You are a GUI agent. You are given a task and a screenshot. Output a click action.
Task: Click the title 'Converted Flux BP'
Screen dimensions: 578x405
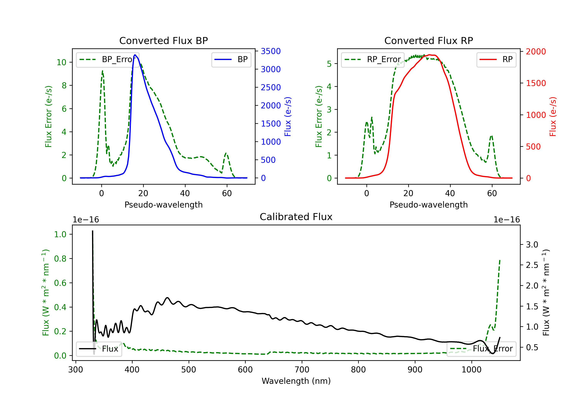164,40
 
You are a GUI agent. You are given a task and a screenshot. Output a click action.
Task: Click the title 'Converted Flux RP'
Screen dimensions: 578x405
429,40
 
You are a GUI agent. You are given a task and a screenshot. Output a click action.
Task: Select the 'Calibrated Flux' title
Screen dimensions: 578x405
296,217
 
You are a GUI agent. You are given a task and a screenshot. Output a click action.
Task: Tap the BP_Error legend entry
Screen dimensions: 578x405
108,59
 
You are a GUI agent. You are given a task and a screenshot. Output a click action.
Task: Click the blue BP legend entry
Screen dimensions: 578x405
231,59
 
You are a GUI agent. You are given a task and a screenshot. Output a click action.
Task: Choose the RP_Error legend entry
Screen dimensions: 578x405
373,59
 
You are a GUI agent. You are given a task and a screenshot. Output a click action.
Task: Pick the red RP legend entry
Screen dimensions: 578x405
496,59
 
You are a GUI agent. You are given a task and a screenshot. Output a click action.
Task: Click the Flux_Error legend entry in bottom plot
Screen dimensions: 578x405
481,349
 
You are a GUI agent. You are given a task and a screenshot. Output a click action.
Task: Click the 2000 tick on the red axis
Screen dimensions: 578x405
536,51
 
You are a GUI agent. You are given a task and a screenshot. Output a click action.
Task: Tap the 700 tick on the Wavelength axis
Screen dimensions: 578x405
302,370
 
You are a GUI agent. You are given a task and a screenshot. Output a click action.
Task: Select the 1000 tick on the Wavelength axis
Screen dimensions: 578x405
471,370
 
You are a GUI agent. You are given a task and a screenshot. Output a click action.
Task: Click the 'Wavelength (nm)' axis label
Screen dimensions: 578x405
296,381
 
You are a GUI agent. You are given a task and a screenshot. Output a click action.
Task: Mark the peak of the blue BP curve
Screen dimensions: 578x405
135,55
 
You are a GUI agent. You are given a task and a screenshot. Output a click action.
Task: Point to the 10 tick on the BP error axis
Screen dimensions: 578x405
61,62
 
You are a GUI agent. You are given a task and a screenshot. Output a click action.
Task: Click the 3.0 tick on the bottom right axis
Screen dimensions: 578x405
532,245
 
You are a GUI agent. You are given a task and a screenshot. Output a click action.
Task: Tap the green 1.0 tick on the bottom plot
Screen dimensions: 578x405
60,234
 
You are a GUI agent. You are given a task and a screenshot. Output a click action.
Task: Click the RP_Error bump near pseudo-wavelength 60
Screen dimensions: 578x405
491,136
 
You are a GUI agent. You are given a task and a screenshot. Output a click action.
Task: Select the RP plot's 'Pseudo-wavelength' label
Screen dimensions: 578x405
429,205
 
